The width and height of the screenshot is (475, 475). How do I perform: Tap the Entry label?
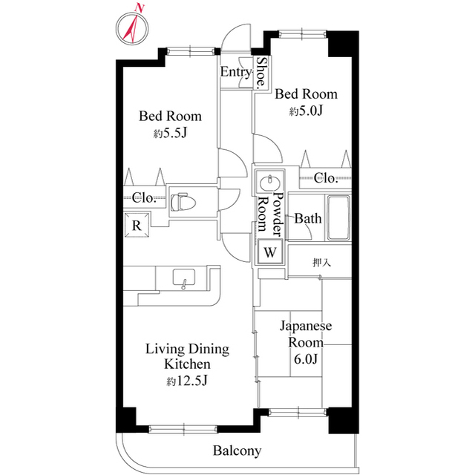(236, 72)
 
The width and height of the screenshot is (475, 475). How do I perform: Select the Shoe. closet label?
(261, 74)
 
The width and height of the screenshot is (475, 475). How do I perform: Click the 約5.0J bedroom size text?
(305, 111)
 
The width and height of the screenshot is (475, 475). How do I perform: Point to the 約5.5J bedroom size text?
(170, 134)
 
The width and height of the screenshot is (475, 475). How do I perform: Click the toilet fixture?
(183, 200)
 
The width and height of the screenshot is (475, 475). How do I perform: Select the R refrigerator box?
(138, 224)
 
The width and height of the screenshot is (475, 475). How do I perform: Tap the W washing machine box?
(270, 252)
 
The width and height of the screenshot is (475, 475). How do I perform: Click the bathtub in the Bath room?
(338, 219)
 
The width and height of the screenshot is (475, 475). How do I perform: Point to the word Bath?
(307, 219)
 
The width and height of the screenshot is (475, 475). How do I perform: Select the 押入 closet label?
(321, 262)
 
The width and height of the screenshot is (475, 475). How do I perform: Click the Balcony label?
(237, 451)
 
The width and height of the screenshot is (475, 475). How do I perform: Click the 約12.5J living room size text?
(186, 381)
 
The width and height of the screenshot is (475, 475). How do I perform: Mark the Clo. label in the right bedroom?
(326, 177)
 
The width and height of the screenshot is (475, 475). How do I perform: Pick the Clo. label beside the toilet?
(144, 197)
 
